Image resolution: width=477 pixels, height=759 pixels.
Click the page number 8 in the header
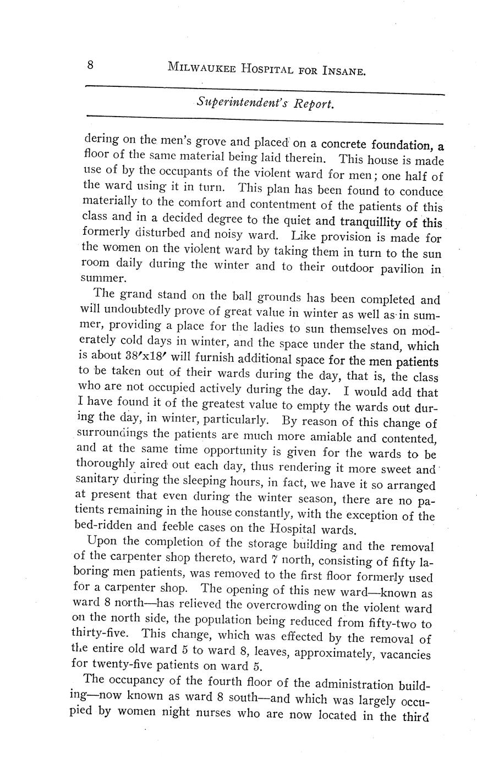[90, 65]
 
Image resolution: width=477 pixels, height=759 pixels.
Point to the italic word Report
[314, 104]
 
